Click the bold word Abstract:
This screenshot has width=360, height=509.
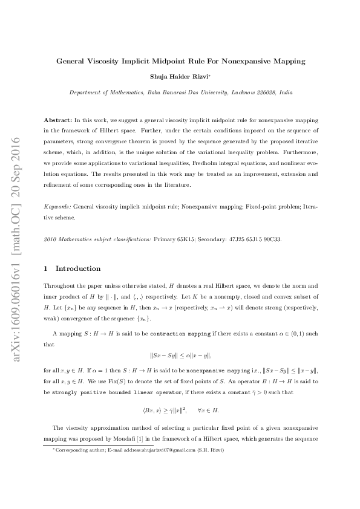(x=58, y=122)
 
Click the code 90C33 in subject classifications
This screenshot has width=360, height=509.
(x=270, y=239)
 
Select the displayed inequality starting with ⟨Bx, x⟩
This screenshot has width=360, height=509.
(x=180, y=410)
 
